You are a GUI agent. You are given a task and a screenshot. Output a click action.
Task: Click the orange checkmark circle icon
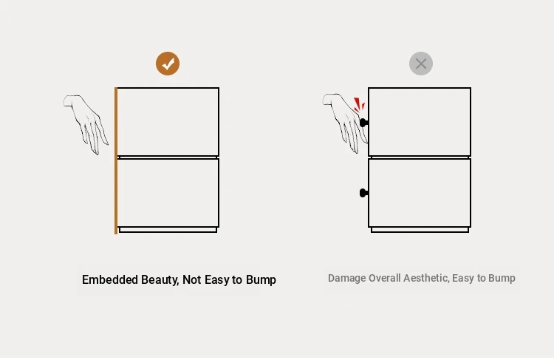(x=168, y=64)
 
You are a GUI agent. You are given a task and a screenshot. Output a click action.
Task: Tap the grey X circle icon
(x=421, y=64)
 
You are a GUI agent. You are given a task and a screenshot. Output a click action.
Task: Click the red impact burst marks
(x=359, y=105)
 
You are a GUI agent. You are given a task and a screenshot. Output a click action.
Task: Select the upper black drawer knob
(x=363, y=123)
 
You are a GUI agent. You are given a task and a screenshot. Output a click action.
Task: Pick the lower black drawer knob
(x=363, y=193)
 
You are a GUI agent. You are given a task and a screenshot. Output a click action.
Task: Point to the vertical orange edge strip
(x=116, y=160)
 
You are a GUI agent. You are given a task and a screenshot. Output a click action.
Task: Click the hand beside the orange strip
(x=86, y=124)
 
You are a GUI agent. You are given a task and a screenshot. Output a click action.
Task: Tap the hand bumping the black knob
(x=344, y=123)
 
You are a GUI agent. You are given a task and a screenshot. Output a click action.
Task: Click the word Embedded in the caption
(x=110, y=279)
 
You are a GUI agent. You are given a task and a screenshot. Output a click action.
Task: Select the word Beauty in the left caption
(x=160, y=280)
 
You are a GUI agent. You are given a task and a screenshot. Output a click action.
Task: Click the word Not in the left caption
(x=191, y=279)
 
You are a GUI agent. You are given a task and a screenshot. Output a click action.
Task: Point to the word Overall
(x=384, y=278)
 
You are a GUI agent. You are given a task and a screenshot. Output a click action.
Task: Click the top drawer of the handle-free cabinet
(x=168, y=122)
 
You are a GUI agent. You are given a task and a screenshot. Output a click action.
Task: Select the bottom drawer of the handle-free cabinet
(x=168, y=193)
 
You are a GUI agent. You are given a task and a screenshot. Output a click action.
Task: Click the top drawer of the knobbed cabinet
(x=420, y=122)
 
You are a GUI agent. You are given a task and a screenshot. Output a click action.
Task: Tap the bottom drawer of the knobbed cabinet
(x=420, y=193)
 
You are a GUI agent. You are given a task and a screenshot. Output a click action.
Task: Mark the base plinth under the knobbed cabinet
(x=420, y=230)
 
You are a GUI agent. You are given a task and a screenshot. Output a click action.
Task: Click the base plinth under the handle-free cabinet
(x=168, y=230)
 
